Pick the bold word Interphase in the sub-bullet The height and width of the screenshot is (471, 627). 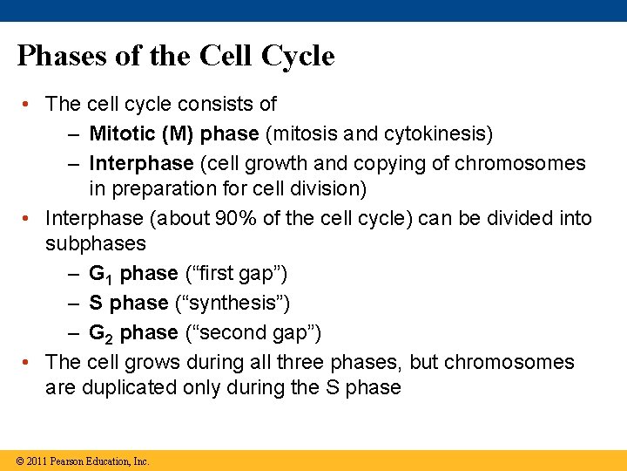point(141,163)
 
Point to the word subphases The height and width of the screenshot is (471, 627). point(96,243)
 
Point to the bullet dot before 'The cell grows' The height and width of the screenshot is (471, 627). point(28,362)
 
